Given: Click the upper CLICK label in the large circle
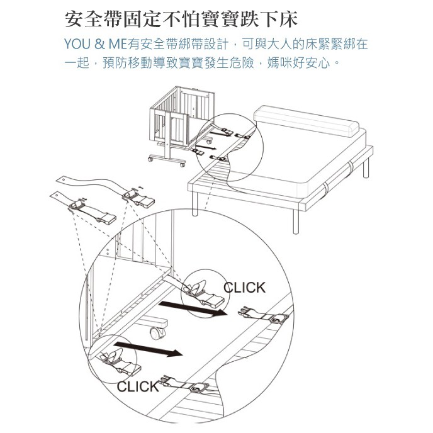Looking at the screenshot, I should click(245, 288).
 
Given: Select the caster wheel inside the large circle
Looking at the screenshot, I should click(158, 332).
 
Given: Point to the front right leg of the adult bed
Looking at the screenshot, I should click(295, 218).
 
